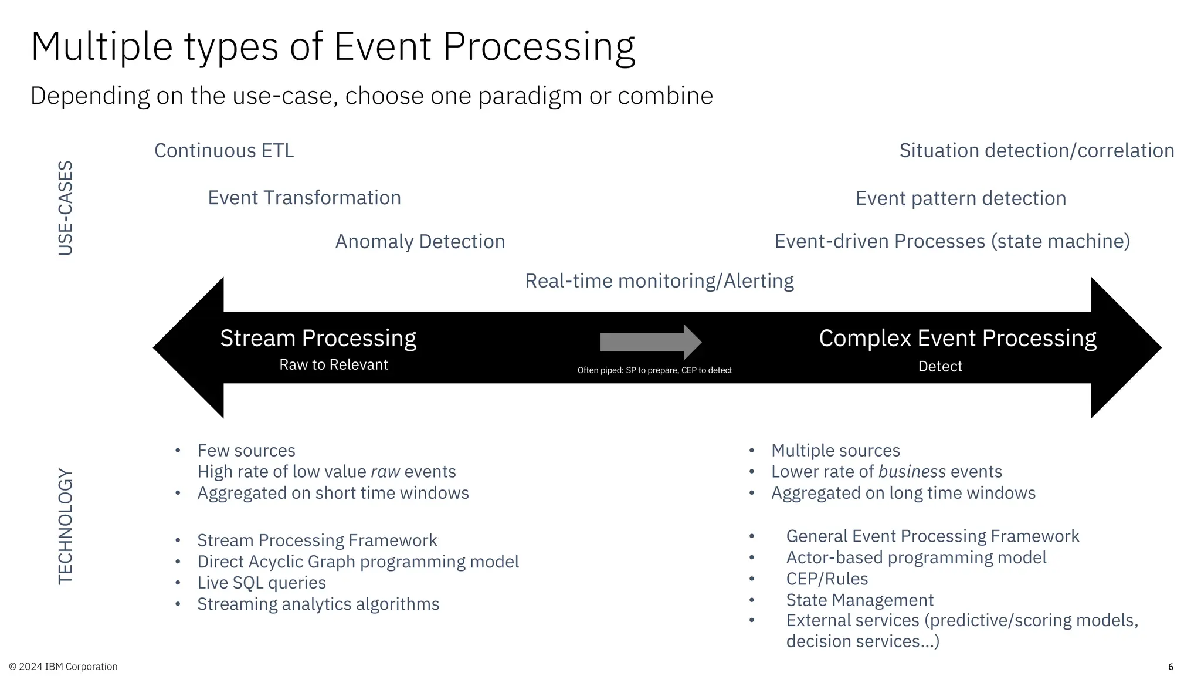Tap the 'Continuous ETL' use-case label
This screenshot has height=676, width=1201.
coord(224,151)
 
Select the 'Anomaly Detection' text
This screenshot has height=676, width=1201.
coord(420,242)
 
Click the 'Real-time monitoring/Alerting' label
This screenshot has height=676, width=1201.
coord(659,281)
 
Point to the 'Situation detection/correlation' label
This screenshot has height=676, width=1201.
coord(1036,151)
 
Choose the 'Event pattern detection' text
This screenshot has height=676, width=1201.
coord(961,198)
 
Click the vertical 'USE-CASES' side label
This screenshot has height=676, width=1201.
coord(66,208)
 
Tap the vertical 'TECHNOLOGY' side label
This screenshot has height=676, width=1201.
coord(66,526)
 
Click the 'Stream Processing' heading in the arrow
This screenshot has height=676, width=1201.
coord(318,339)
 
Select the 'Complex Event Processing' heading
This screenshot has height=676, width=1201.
coord(957,339)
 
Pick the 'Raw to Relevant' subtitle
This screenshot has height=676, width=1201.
coord(334,365)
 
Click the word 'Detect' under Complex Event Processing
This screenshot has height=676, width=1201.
coord(940,367)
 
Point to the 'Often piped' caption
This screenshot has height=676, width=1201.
coord(654,370)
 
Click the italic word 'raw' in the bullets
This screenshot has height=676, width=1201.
coord(385,472)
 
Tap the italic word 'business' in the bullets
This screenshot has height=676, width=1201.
coord(912,472)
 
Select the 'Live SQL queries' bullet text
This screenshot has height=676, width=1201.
coord(262,583)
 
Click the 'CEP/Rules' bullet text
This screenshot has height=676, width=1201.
coord(827,579)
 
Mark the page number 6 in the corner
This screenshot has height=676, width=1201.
coord(1171,667)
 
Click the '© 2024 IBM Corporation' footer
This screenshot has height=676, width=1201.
coord(63,667)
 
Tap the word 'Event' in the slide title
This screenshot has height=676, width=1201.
coord(382,46)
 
